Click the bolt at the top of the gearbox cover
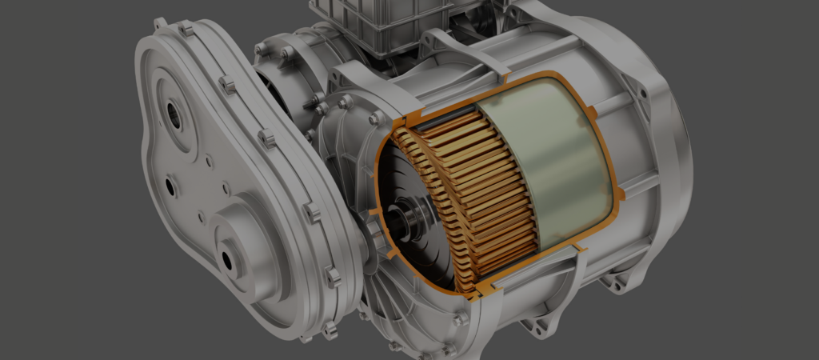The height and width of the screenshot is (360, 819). (x=186, y=30)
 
